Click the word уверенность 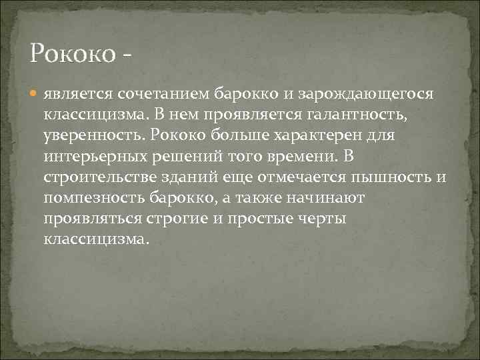point(94,136)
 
